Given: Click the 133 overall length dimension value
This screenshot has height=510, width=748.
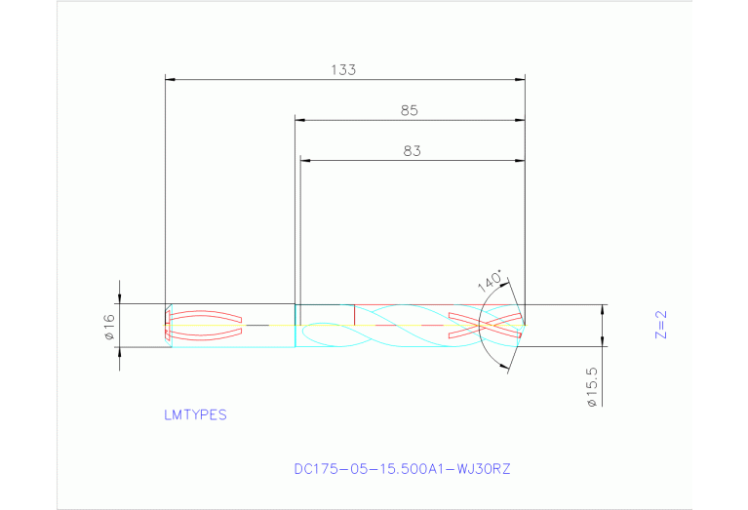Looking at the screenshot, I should [343, 69].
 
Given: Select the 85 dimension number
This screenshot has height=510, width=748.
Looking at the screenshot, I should [410, 111].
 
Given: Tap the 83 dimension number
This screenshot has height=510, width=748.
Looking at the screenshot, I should [412, 151].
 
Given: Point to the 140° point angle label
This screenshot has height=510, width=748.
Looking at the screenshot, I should [491, 281].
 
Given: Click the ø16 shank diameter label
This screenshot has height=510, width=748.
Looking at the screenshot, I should [109, 327].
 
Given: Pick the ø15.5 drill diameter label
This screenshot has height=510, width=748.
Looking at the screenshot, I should [592, 386].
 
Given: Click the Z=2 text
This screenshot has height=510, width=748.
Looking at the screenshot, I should [660, 325].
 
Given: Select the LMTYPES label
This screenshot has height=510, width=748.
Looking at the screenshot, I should [195, 414].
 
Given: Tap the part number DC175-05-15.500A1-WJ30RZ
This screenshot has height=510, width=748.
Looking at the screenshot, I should [402, 469].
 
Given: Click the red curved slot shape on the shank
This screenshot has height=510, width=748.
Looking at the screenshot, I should [205, 324].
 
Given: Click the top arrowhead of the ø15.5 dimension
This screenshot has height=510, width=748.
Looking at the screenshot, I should [602, 310].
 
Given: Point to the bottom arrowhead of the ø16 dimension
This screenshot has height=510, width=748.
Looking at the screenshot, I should [120, 352].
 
